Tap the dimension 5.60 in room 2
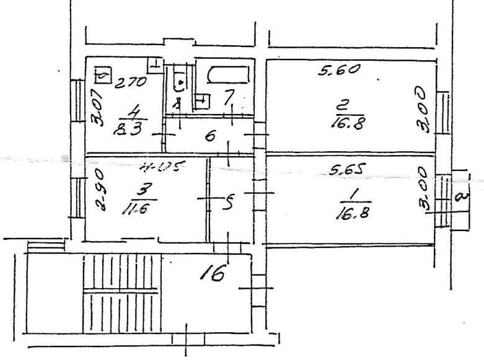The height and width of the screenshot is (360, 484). [x=338, y=70]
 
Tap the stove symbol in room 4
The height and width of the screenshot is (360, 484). [x=102, y=76]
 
